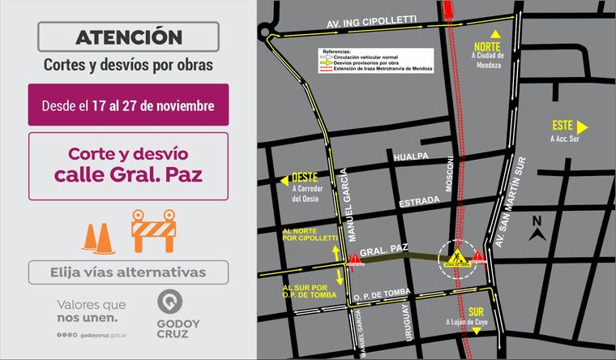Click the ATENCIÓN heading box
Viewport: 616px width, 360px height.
[128, 36]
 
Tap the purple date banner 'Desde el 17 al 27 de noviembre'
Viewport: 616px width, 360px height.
[128, 105]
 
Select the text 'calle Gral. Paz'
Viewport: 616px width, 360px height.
[128, 174]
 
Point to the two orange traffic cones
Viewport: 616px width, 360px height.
[97, 235]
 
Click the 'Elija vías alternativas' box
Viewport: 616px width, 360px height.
[128, 272]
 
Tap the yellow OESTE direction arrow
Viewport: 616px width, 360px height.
[283, 181]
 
